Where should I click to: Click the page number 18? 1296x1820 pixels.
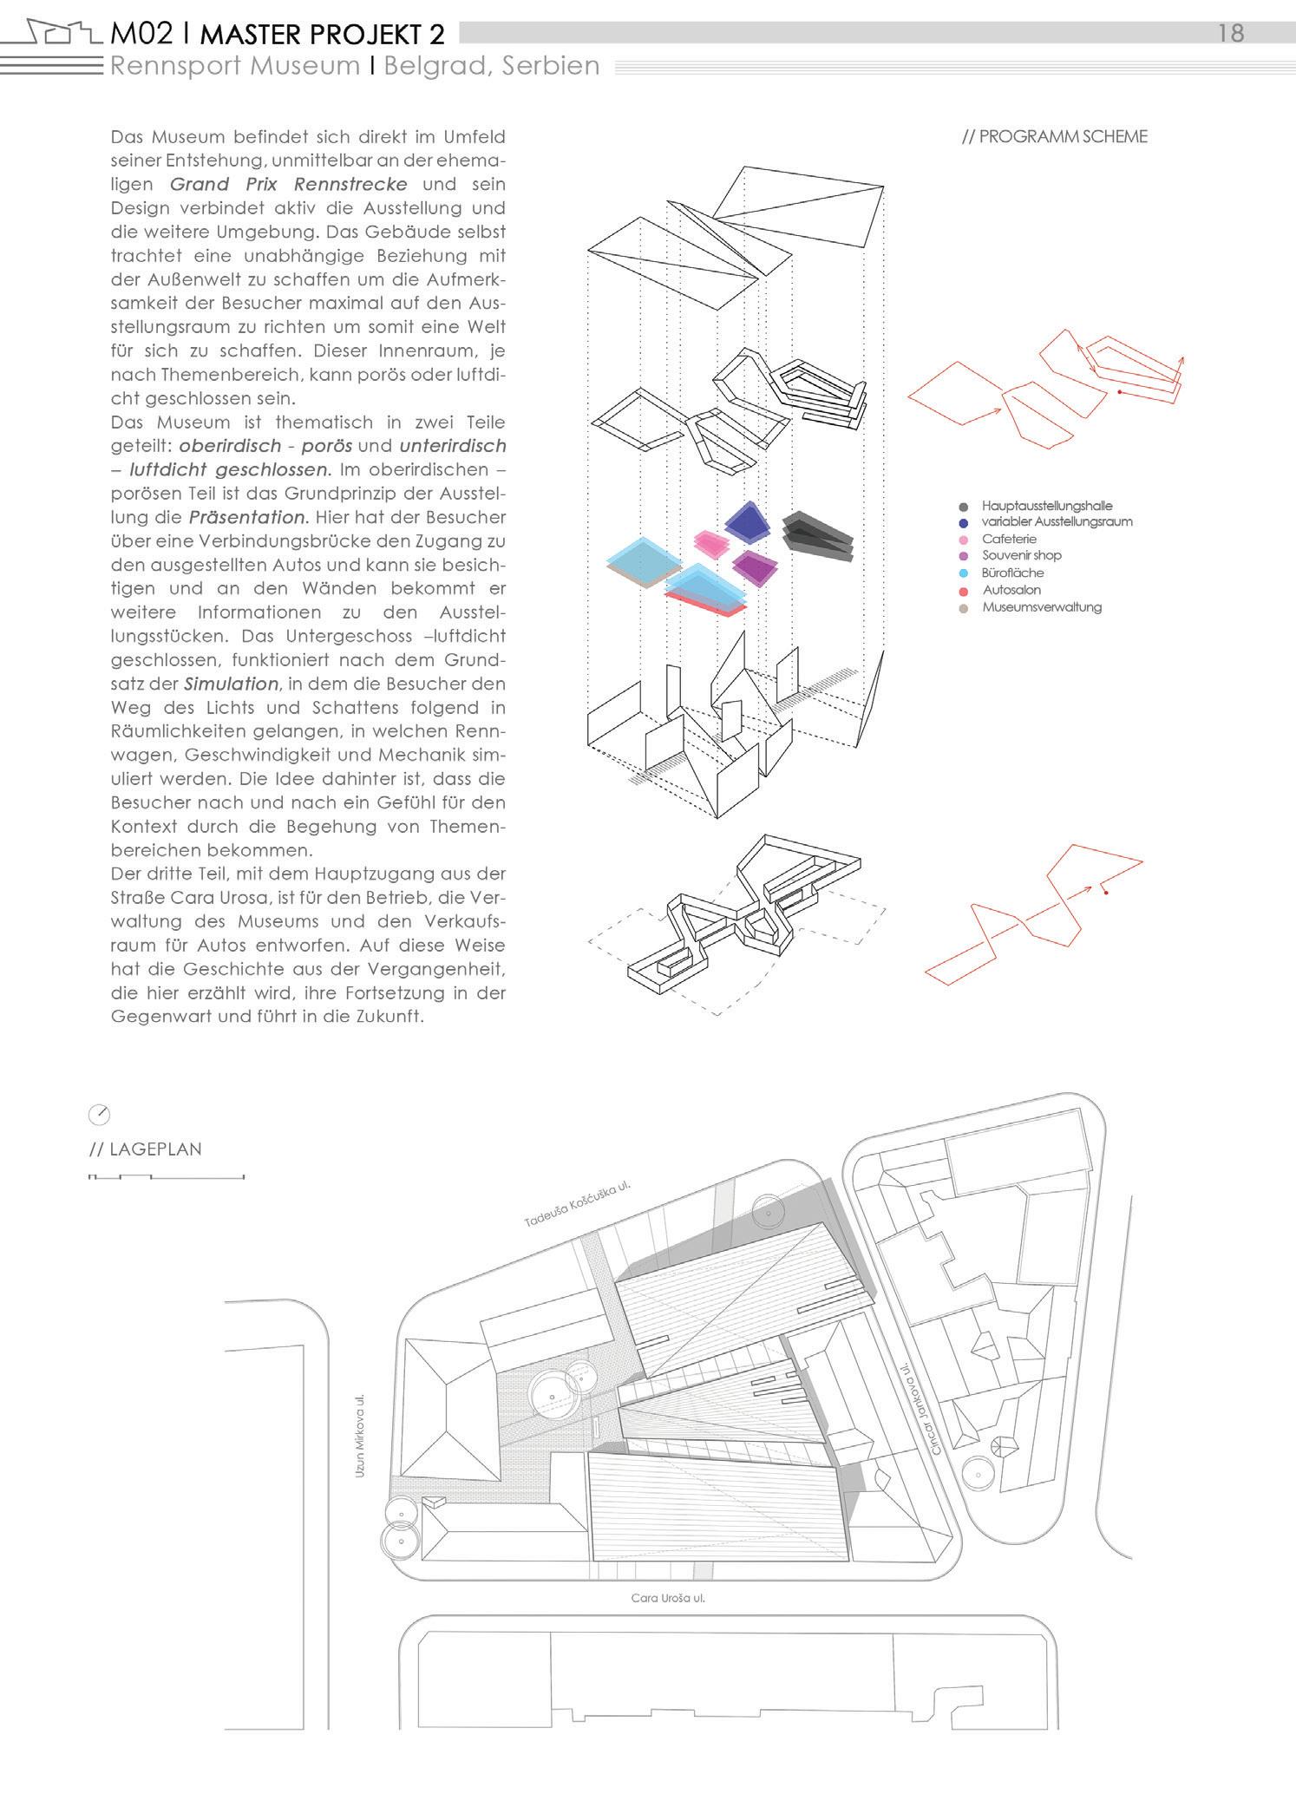click(x=1231, y=33)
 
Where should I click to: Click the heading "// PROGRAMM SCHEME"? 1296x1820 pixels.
click(x=1054, y=136)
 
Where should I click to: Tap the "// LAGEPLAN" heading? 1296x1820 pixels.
click(x=146, y=1149)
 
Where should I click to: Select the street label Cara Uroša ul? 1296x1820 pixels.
click(x=667, y=1597)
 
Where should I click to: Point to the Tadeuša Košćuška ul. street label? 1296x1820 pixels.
click(x=576, y=1205)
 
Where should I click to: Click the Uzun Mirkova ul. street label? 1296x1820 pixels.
click(x=360, y=1436)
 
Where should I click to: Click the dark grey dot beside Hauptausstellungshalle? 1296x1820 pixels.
click(x=964, y=506)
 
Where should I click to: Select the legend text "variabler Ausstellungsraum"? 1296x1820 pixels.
click(x=1057, y=521)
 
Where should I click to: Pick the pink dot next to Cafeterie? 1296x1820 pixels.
click(x=964, y=540)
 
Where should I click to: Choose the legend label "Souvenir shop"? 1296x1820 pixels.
click(x=1021, y=555)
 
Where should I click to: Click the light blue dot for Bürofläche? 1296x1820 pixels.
click(x=964, y=573)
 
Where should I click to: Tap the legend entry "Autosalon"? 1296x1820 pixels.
click(x=1011, y=590)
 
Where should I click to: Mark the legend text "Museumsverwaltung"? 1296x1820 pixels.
click(x=1041, y=607)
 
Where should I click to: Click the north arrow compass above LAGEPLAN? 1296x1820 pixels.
click(x=100, y=1115)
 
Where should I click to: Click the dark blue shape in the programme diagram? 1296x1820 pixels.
click(x=747, y=520)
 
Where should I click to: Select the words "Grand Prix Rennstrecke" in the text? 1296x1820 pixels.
click(x=289, y=184)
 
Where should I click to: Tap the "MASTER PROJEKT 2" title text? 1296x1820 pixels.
click(x=323, y=35)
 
